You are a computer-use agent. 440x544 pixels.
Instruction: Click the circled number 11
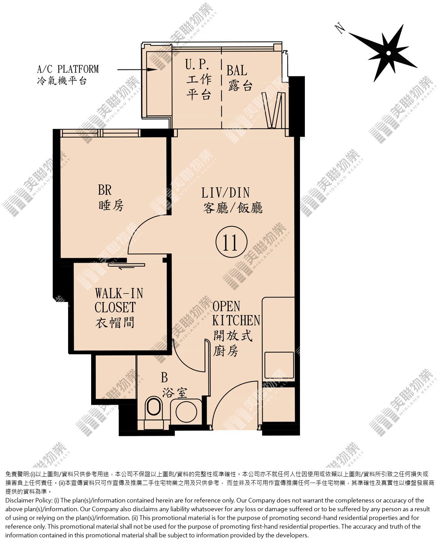pyautogui.click(x=231, y=242)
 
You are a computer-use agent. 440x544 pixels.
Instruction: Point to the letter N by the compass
pyautogui.click(x=340, y=28)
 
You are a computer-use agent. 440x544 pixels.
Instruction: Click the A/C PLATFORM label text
pyautogui.click(x=68, y=69)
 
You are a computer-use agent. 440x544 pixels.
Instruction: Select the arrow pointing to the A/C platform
pyautogui.click(x=137, y=69)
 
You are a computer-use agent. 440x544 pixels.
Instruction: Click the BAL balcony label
pyautogui.click(x=237, y=70)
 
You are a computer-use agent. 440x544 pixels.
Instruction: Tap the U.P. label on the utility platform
pyautogui.click(x=197, y=65)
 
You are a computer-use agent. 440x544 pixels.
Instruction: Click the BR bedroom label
pyautogui.click(x=105, y=190)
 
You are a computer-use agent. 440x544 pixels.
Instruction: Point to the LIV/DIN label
pyautogui.click(x=225, y=193)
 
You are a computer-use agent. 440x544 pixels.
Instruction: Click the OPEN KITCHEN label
pyautogui.click(x=236, y=313)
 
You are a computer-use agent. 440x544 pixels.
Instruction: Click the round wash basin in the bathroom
pyautogui.click(x=186, y=413)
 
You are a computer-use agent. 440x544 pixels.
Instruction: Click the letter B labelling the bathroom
pyautogui.click(x=164, y=377)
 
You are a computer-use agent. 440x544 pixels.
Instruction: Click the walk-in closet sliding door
pyautogui.click(x=126, y=265)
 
